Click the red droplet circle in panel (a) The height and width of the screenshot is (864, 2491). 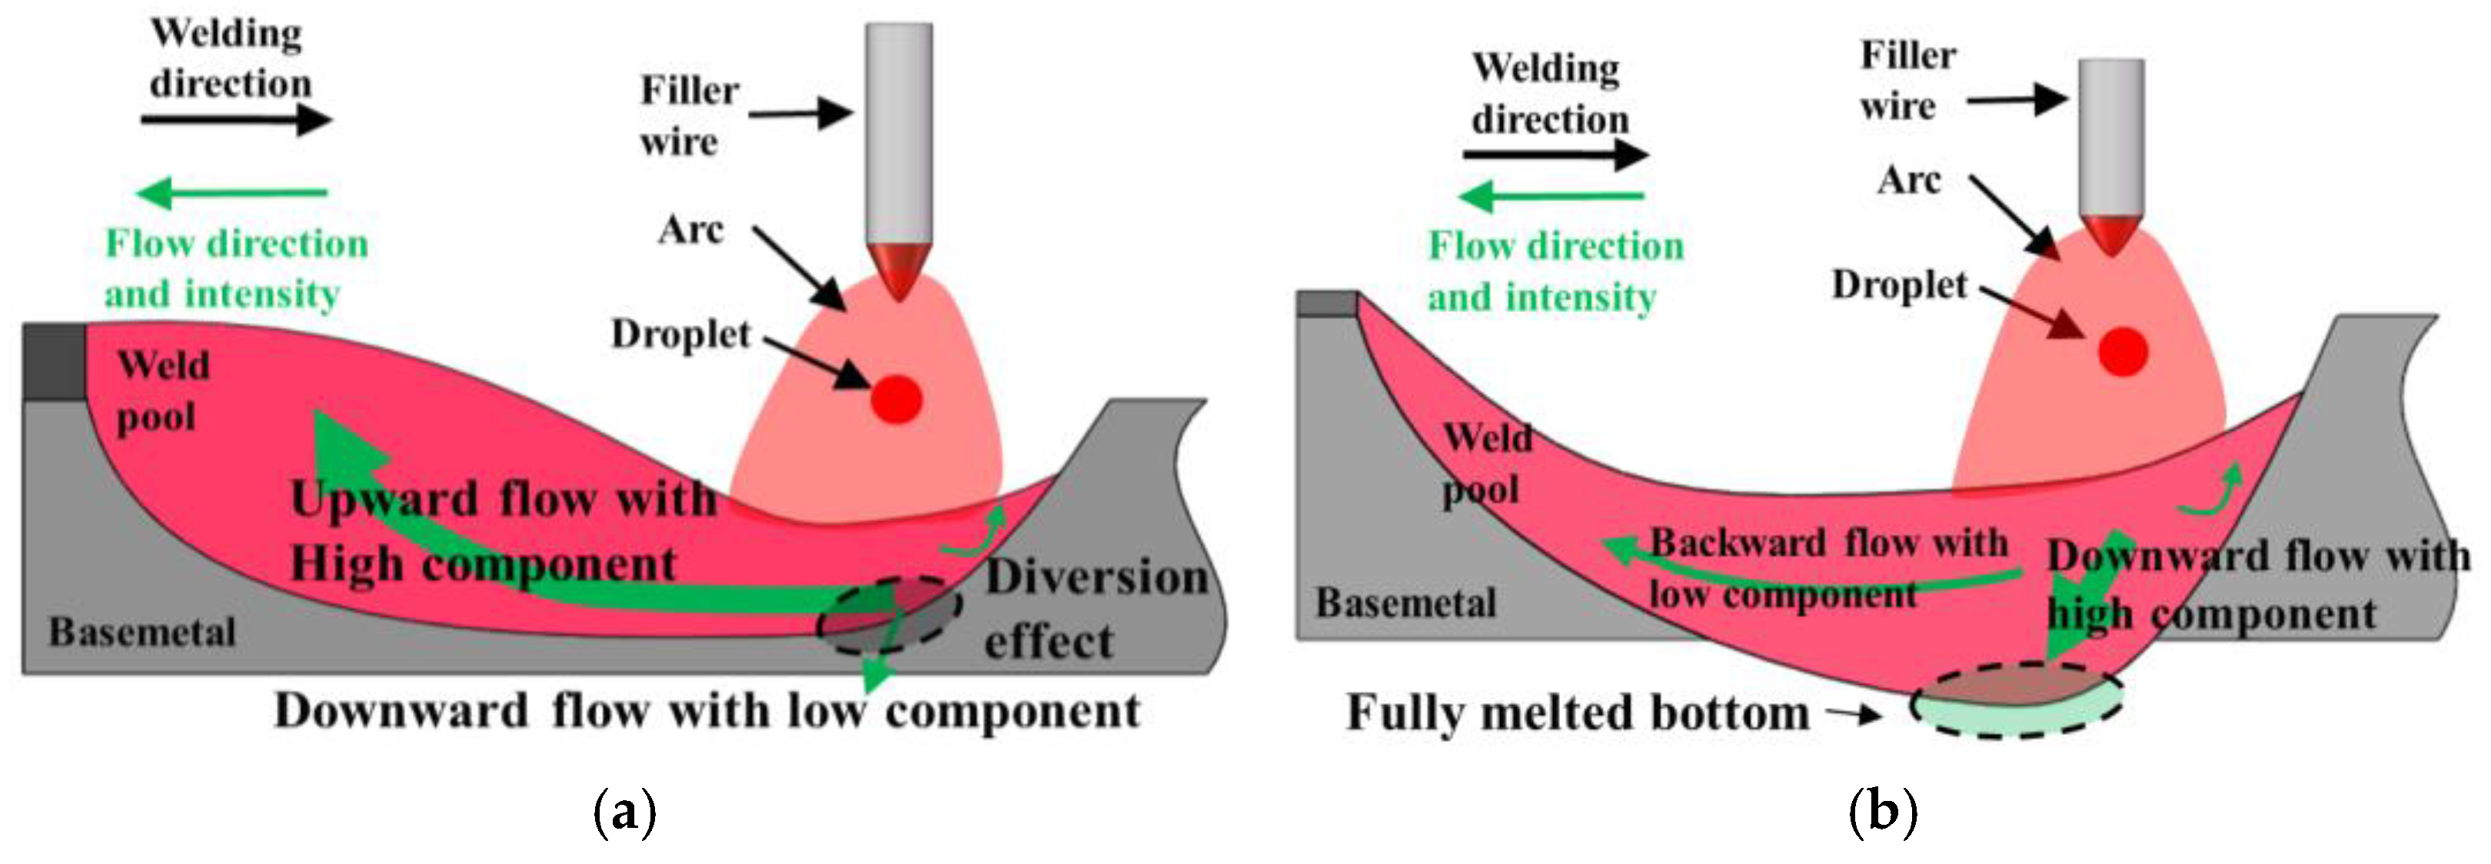tap(896, 398)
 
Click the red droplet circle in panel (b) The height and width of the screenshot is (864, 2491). tap(2123, 350)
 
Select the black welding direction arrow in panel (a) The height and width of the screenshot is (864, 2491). tap(236, 120)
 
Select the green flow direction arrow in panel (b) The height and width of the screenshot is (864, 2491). tap(1553, 197)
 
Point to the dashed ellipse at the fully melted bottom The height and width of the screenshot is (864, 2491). tap(2016, 702)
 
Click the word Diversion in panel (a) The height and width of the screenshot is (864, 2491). tap(1096, 577)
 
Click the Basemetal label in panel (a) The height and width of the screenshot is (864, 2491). tap(142, 632)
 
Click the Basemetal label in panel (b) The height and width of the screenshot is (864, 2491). tap(1405, 603)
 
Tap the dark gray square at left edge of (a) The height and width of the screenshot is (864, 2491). tap(53, 362)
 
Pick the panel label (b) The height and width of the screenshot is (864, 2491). tap(1882, 812)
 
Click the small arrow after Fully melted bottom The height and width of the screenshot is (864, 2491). tap(1854, 715)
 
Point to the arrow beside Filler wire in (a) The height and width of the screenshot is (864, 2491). tap(800, 114)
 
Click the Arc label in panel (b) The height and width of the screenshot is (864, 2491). tap(1908, 180)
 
